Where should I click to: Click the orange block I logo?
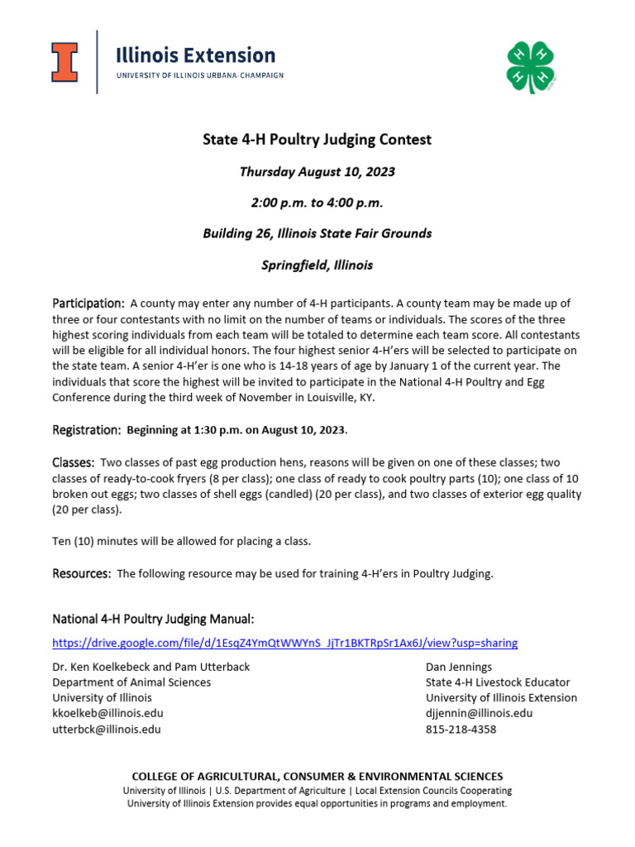coord(64,62)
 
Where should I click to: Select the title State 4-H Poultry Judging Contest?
coord(317,140)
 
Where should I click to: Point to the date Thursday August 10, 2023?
coord(317,172)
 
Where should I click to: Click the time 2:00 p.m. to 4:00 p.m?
coord(317,203)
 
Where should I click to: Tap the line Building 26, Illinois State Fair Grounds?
coord(317,233)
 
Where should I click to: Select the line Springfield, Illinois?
coord(317,266)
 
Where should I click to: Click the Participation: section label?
coord(88,303)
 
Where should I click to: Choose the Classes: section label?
coord(74,462)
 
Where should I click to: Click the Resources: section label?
coord(82,573)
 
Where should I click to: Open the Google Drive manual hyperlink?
coord(284,643)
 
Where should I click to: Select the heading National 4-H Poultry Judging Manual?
coord(153,619)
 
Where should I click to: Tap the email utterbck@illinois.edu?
coord(107,729)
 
